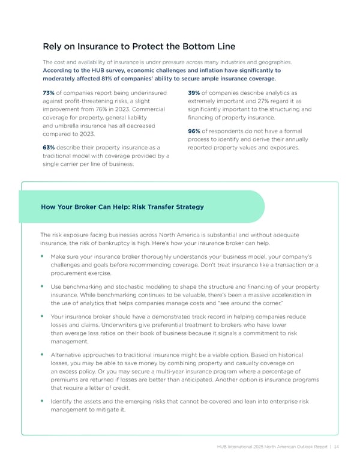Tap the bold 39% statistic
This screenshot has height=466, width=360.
[194, 92]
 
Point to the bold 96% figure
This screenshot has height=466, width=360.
[194, 131]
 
